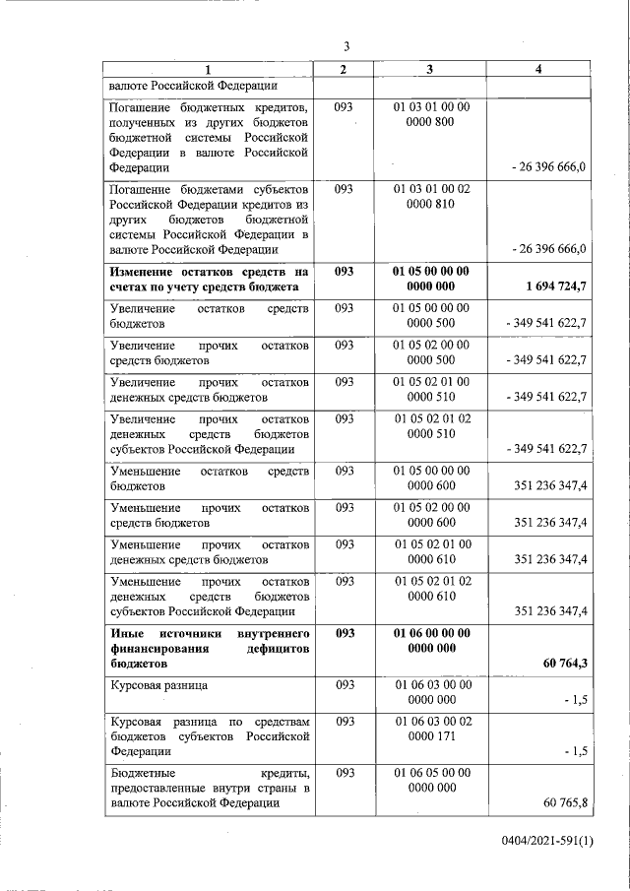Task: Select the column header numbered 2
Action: point(343,69)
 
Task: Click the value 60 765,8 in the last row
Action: point(564,803)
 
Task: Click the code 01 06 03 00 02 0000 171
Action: point(431,730)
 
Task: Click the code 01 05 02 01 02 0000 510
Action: point(431,425)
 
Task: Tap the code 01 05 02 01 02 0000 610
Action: point(431,589)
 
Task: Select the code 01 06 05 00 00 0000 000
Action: point(431,780)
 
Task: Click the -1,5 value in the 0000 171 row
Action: point(573,751)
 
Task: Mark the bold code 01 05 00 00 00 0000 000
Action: point(431,279)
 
